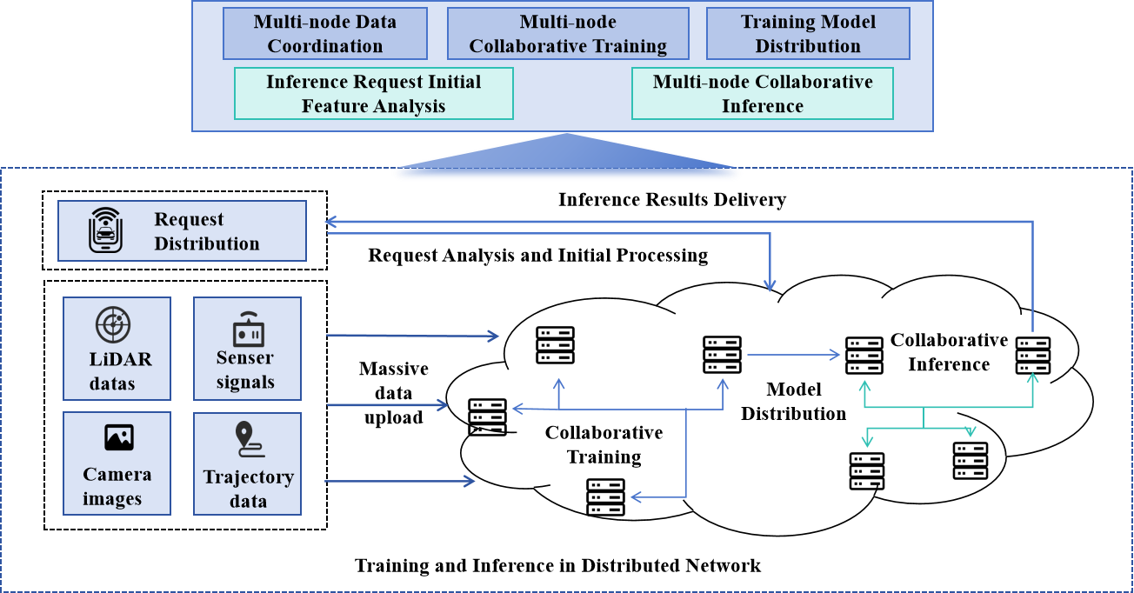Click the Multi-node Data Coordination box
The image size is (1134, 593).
(324, 34)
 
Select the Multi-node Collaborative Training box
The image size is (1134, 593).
(568, 34)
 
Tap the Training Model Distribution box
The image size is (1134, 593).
(808, 34)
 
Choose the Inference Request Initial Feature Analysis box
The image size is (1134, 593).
(374, 94)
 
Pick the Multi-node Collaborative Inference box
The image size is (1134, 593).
(763, 94)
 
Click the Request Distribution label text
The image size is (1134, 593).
(207, 231)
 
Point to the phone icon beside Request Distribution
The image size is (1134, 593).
(106, 230)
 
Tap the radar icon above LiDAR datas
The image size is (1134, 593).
(113, 324)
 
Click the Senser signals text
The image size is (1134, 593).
(245, 370)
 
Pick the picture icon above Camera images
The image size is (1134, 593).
(119, 436)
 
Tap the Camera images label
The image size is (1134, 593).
(117, 487)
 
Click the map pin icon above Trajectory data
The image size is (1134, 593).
(249, 439)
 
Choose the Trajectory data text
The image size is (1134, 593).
(249, 489)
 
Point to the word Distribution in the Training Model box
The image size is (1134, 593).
(808, 46)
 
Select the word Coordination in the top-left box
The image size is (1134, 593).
(324, 46)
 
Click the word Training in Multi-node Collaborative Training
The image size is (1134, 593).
(628, 46)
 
